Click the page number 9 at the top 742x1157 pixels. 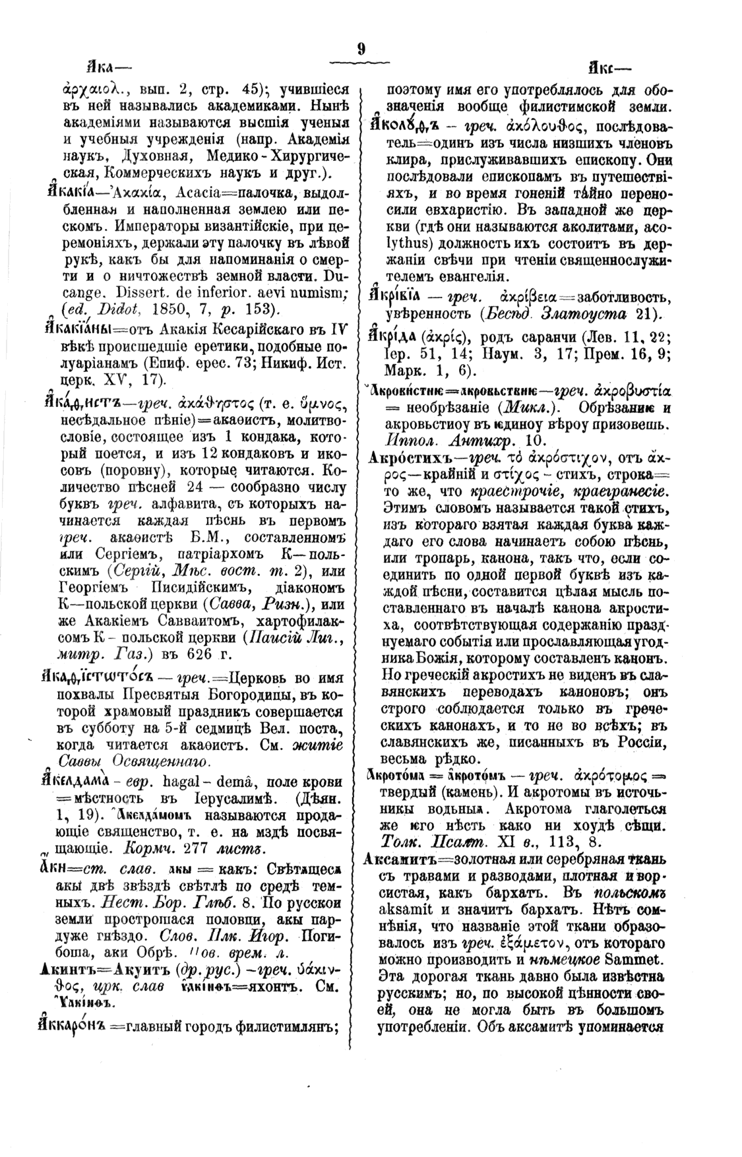click(361, 49)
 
